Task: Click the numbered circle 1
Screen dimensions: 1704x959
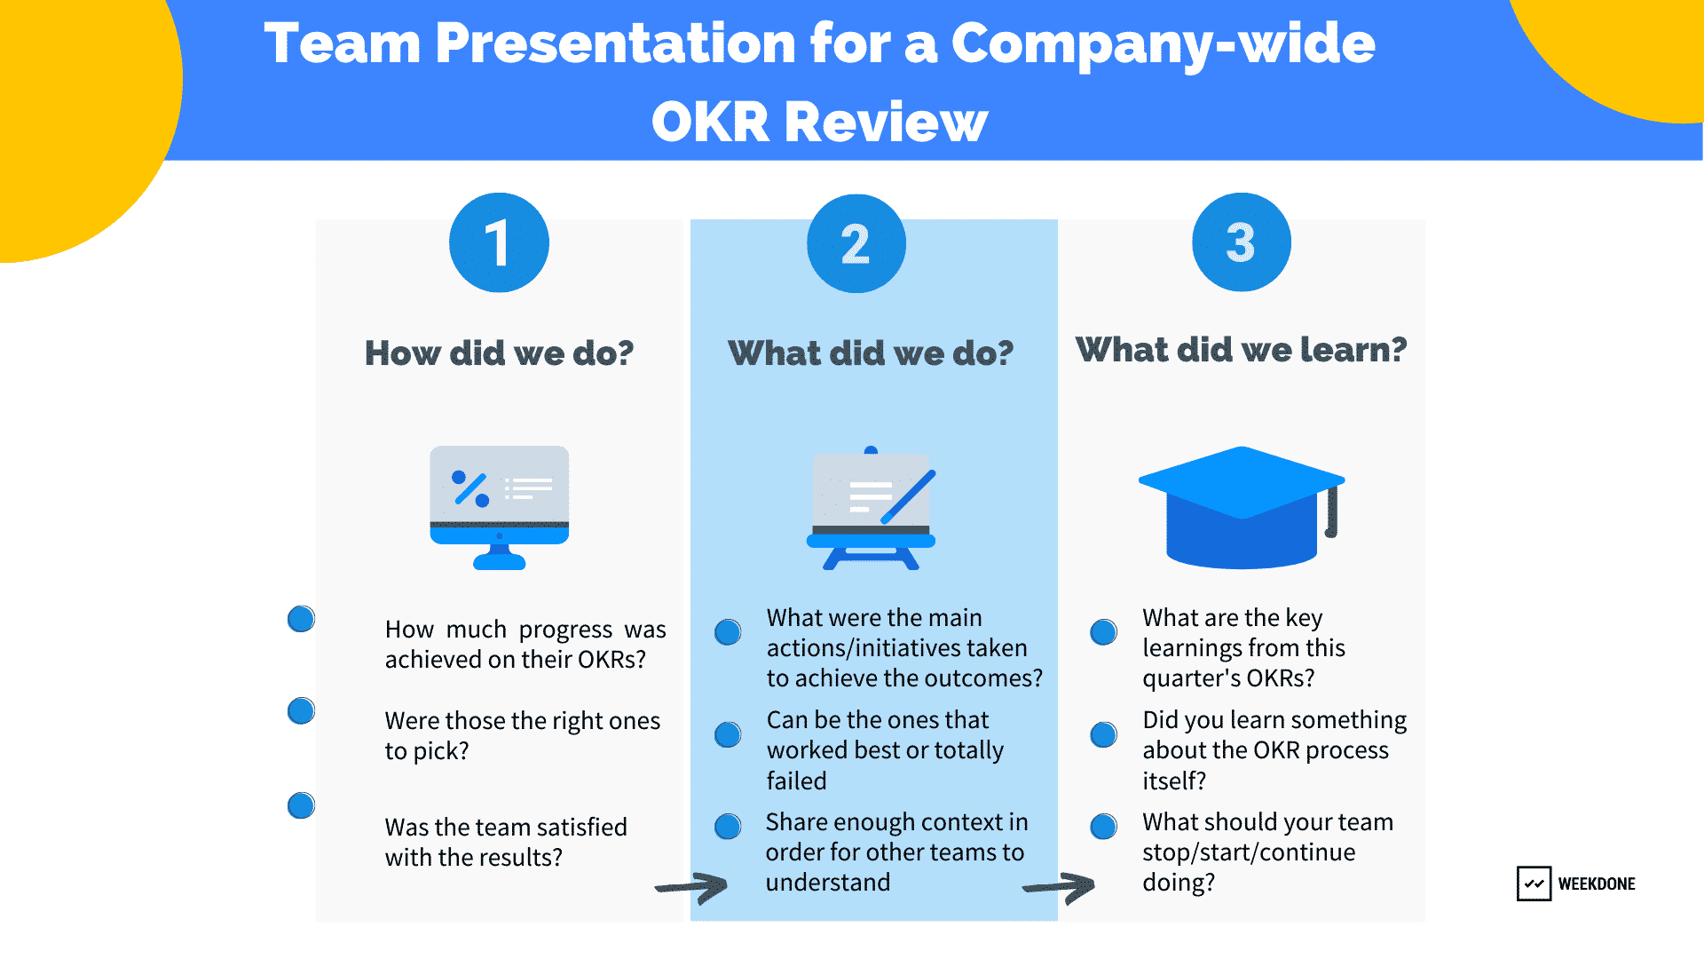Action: (499, 242)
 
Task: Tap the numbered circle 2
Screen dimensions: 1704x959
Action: (856, 243)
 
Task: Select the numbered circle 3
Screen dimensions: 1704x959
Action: (1242, 242)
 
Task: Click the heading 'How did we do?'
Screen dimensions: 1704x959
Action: (500, 353)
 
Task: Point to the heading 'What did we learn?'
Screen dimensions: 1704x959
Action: (1242, 350)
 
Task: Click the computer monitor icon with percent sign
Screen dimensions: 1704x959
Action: (500, 507)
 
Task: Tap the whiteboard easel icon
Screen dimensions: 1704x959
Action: (872, 508)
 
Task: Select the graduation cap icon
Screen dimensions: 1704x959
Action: (1242, 507)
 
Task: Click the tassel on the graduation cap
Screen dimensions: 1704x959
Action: (1331, 512)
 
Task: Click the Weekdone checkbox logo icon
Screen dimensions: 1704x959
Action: (1534, 884)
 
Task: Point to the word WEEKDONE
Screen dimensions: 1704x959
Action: (1597, 884)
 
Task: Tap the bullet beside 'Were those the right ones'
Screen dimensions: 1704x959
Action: (302, 710)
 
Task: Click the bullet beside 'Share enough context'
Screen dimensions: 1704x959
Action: (728, 826)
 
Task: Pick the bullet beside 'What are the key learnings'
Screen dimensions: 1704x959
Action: (1103, 632)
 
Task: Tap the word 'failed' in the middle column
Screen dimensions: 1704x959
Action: (797, 781)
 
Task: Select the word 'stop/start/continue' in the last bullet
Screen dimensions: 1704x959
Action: (1249, 852)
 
